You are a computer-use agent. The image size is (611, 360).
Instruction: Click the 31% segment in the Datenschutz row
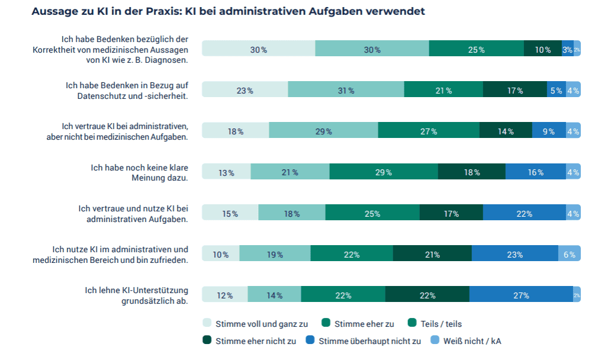[346, 90]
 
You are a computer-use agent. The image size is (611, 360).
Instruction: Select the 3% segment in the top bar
[567, 49]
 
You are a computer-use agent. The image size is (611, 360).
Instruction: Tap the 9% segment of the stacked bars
[548, 131]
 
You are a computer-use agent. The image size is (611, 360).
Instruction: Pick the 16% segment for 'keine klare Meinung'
[535, 172]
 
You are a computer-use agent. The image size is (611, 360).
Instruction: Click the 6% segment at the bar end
[569, 254]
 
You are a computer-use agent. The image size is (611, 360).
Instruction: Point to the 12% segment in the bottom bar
[225, 295]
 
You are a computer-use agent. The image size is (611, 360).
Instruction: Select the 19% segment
[275, 254]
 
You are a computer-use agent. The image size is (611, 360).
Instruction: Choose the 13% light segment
[226, 172]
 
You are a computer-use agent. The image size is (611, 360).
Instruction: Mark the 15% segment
[230, 213]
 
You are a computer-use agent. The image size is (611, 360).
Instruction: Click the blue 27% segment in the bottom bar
[521, 295]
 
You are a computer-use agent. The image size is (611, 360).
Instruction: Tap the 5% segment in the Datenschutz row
[556, 90]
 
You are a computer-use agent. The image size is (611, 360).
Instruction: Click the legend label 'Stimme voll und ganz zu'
[261, 324]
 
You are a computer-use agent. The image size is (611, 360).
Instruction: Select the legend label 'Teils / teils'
[441, 324]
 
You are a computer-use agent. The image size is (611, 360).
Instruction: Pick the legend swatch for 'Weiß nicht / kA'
[435, 340]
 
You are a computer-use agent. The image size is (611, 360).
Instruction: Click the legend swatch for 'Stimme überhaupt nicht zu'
[310, 340]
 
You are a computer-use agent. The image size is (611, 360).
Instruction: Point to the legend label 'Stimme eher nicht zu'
[256, 340]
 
